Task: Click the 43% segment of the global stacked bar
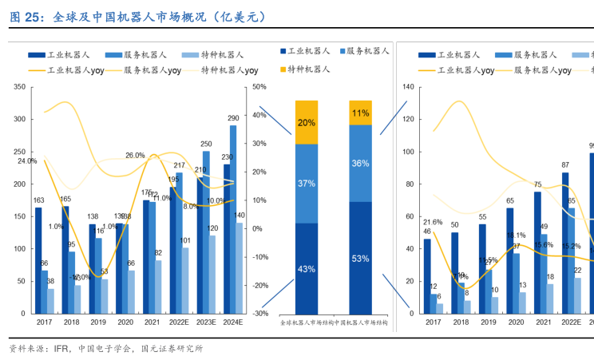(307, 268)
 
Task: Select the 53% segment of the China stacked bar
(360, 258)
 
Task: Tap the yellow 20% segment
(307, 122)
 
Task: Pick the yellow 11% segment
(360, 113)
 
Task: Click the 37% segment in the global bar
(307, 183)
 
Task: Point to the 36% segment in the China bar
(360, 163)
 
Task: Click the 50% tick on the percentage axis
(258, 87)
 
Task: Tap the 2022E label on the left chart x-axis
(179, 322)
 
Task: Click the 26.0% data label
(135, 156)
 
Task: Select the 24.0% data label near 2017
(26, 160)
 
